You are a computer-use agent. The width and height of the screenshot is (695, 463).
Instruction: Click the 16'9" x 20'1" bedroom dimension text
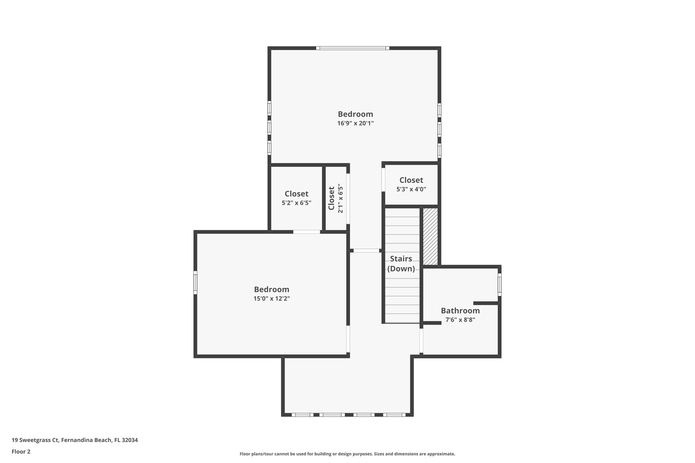355,123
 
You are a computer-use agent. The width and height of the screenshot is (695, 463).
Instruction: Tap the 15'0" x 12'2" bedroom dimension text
271,298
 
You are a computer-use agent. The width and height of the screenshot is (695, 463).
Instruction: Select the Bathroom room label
460,310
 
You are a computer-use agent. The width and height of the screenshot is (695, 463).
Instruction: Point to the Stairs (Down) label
401,264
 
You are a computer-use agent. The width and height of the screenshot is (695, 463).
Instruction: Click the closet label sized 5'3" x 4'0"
411,184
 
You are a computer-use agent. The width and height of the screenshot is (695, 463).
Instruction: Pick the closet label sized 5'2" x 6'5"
297,198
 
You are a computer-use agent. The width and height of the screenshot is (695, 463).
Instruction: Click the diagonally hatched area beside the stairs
430,236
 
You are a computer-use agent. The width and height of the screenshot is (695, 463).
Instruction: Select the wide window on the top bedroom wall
353,48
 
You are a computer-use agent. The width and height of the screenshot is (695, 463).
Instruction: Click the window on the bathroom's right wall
500,285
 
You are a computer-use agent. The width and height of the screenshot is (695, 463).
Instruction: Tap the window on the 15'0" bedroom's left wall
195,282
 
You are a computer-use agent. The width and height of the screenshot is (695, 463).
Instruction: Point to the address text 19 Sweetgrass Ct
35,440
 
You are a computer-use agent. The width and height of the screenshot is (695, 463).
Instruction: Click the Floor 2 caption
21,451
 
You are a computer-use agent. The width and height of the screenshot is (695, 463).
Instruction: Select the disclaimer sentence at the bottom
347,454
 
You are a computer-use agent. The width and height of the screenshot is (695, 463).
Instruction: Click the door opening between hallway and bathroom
421,341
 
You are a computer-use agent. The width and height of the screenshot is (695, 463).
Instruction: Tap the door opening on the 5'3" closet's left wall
383,179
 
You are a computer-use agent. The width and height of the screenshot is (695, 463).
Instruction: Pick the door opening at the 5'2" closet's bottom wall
306,232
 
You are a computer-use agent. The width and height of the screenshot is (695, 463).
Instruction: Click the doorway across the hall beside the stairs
366,251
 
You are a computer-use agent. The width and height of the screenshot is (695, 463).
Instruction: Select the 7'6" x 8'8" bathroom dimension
460,320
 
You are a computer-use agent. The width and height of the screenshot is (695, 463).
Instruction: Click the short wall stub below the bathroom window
486,303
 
